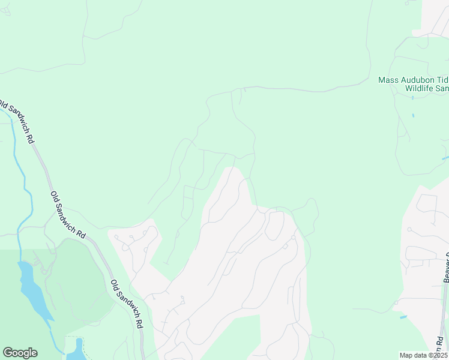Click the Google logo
(x=20, y=353)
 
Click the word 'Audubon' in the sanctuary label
(x=412, y=80)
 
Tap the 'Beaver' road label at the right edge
(x=446, y=270)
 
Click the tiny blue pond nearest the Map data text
(x=403, y=317)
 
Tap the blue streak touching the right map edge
(x=445, y=158)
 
